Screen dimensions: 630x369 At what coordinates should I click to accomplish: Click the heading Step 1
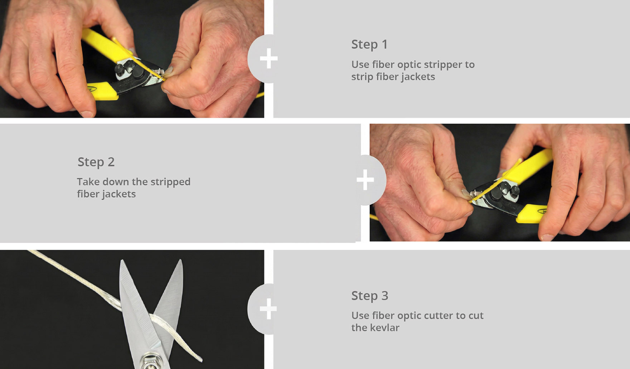369,44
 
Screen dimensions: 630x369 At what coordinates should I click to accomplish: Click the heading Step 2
96,162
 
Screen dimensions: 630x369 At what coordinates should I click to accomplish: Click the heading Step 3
370,296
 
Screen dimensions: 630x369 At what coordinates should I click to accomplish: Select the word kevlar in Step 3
386,327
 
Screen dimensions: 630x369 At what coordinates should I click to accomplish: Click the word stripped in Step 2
170,182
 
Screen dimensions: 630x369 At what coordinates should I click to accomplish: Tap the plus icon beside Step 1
268,59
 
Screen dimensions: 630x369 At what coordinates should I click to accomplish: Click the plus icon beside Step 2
365,180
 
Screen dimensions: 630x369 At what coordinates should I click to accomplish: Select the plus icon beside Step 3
268,309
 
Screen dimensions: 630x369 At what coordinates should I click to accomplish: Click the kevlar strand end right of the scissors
199,358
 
